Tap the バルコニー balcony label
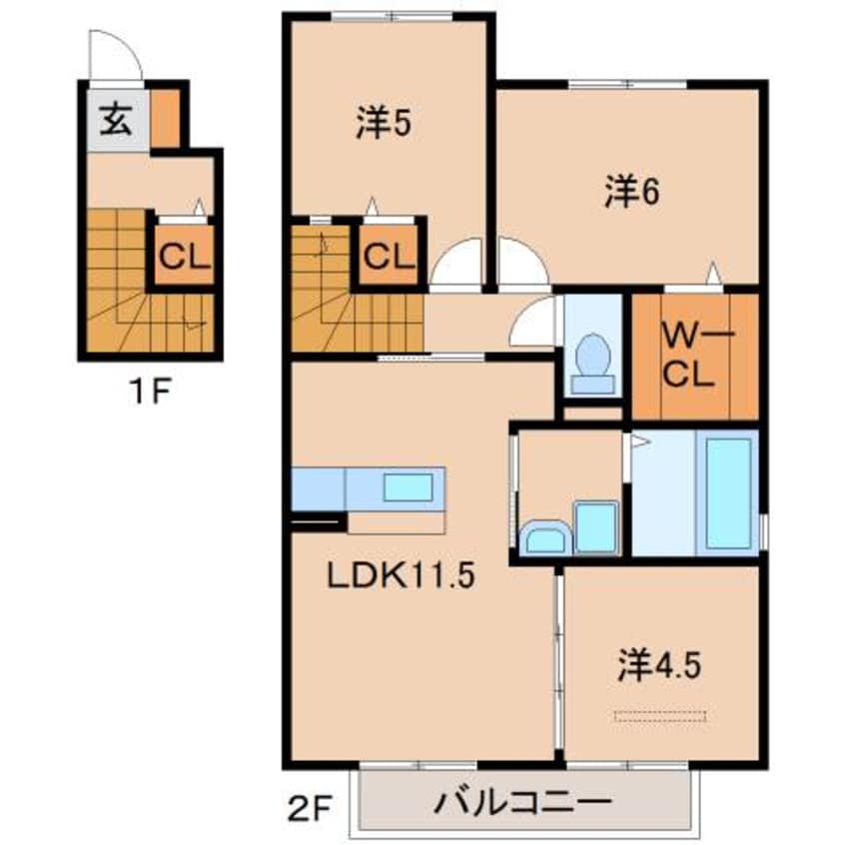point(521,802)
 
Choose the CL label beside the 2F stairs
point(387,256)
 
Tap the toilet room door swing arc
point(534,322)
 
